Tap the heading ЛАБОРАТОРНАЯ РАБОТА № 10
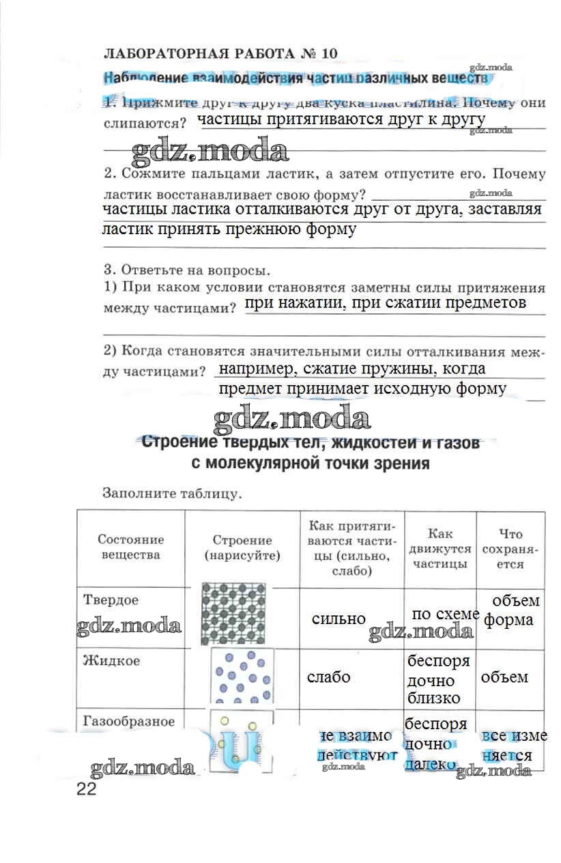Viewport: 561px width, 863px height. tap(220, 53)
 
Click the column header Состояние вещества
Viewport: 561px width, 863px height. tap(130, 547)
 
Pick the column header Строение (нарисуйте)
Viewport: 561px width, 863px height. tap(242, 548)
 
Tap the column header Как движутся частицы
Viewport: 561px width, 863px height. tap(440, 548)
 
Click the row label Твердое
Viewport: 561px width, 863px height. tap(111, 600)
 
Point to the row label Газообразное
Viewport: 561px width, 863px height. tap(129, 722)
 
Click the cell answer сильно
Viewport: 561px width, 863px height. tap(339, 619)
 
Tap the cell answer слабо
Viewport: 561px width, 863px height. tap(329, 677)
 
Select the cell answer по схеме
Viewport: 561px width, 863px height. tap(446, 614)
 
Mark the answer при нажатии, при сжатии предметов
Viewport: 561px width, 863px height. tap(386, 302)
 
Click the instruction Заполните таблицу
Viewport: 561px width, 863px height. tap(171, 492)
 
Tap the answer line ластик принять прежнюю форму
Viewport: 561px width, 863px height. tap(229, 229)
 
